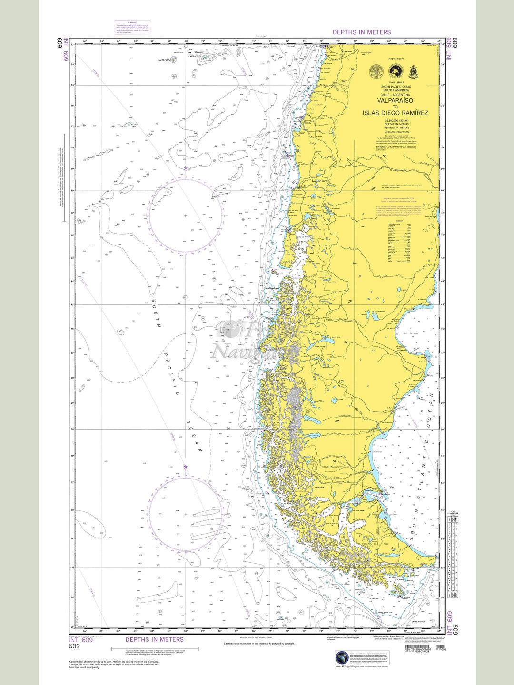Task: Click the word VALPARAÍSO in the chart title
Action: (395, 101)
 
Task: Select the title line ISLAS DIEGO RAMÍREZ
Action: (395, 113)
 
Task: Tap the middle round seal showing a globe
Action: (395, 72)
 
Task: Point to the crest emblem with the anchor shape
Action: (413, 72)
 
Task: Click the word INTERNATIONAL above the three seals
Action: (396, 59)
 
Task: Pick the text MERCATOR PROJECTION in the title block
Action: (396, 132)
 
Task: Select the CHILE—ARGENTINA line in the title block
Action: (395, 95)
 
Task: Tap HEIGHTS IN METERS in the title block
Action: (396, 127)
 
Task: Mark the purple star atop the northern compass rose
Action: (186, 168)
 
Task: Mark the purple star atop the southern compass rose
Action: (186, 467)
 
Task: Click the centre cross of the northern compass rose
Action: (186, 216)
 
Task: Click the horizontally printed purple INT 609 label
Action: (80, 640)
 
